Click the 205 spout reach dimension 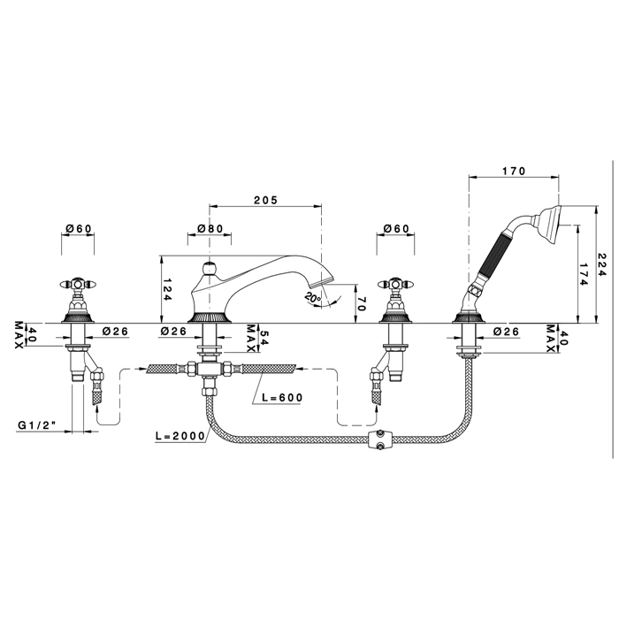click(265, 200)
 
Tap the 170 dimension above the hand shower click(514, 171)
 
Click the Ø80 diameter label click(210, 228)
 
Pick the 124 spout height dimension click(167, 290)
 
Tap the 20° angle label click(313, 298)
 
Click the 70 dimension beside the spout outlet click(363, 303)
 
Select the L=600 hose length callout click(283, 398)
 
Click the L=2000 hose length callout click(180, 436)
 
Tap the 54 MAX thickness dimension click(256, 338)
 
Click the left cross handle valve click(78, 301)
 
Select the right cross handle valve click(395, 301)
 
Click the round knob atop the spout click(209, 269)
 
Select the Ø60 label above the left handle click(79, 228)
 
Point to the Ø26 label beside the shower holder click(506, 332)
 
